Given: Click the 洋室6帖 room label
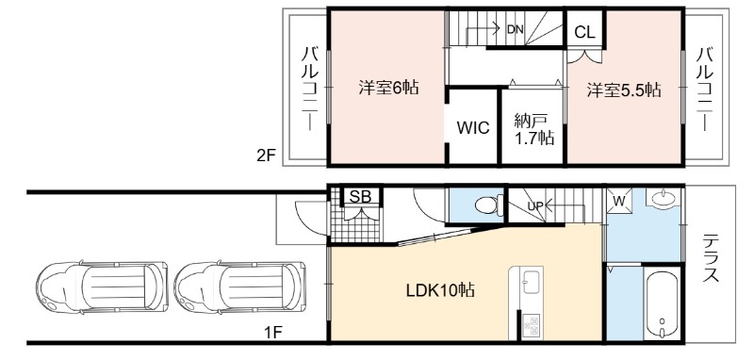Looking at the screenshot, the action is point(388,88).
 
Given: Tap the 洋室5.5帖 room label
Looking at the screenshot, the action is point(624,90).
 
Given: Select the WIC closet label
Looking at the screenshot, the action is point(473,128).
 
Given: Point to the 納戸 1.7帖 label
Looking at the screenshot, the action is point(533,130).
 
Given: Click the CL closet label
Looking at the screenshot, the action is point(584,32).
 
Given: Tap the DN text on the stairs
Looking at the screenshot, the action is point(515,29).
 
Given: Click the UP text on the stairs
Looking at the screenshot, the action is point(535,205).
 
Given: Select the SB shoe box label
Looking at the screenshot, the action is point(361,197).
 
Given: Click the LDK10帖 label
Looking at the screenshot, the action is point(440,290).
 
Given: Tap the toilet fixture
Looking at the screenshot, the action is point(488,205).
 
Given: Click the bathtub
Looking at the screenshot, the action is point(663,302).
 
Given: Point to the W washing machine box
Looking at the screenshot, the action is point(618,201).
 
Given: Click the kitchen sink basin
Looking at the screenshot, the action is point(532,282).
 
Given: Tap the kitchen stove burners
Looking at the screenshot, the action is point(532,324).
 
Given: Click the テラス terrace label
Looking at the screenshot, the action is point(711,257).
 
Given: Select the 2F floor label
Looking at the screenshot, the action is point(265,155).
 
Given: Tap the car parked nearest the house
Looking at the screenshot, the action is point(240,287).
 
